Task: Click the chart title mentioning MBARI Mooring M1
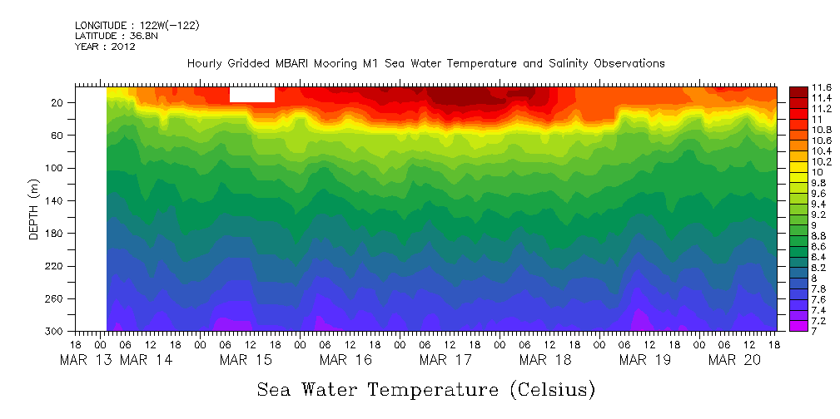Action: coord(425,63)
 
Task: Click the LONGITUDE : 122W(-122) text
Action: coord(137,26)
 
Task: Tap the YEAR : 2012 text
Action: coord(105,47)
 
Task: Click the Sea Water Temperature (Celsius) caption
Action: coord(425,389)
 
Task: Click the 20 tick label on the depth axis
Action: coord(58,103)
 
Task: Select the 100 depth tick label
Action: coord(55,168)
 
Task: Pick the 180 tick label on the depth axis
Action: coord(55,234)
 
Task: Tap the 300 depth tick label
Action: coord(55,332)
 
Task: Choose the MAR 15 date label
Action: coord(245,360)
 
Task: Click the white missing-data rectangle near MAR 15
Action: coord(251,94)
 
